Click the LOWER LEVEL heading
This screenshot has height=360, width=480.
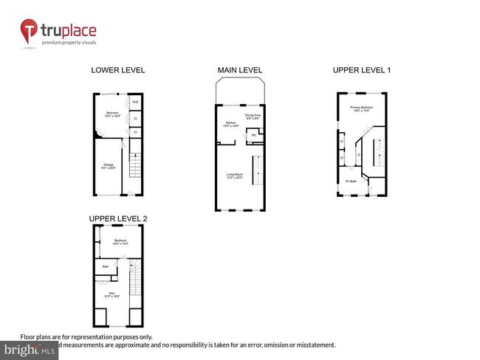(x=117, y=70)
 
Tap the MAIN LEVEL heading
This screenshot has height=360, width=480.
(x=239, y=70)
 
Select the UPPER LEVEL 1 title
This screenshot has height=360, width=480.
(x=361, y=70)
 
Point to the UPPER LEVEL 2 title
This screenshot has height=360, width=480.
(x=118, y=219)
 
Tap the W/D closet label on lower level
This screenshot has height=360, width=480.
(x=136, y=102)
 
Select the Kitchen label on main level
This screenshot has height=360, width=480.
(x=230, y=125)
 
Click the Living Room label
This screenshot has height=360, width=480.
(x=235, y=175)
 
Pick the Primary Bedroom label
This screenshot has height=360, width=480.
(x=362, y=108)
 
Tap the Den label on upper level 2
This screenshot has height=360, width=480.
(x=112, y=293)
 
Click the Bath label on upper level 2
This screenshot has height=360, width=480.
(x=106, y=266)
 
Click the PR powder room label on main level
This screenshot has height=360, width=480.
(x=253, y=135)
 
